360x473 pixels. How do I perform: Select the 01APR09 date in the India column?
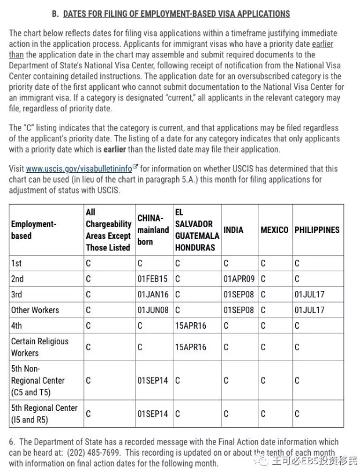tap(238, 279)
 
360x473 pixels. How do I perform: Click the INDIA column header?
tap(233, 230)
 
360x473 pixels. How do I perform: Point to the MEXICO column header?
tap(274, 230)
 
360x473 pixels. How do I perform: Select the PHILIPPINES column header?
tap(317, 230)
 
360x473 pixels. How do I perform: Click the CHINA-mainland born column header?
tap(153, 230)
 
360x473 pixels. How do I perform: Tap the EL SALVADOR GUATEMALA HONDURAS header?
tap(197, 230)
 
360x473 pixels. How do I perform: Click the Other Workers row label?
tap(35, 310)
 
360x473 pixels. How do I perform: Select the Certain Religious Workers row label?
tap(39, 347)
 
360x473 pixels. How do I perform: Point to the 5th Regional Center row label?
tap(43, 414)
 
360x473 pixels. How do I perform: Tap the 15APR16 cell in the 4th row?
tap(190, 326)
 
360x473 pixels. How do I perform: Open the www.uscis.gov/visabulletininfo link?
tap(79, 169)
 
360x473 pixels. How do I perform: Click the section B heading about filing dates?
tap(176, 13)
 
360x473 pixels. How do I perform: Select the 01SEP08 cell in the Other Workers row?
tap(238, 310)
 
